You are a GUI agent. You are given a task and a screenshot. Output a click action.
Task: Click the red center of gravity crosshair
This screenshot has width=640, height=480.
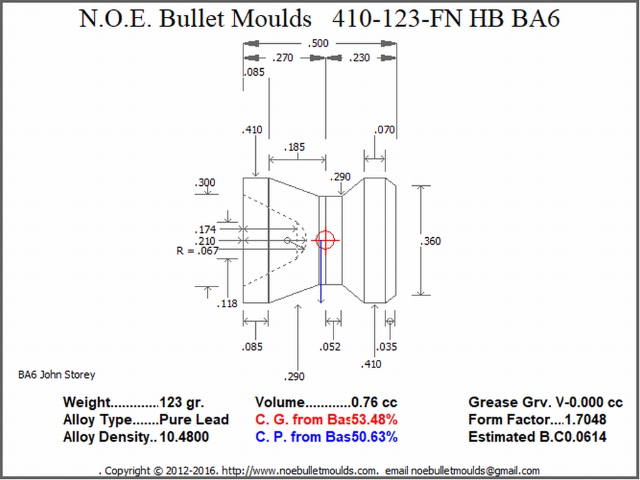[325, 240]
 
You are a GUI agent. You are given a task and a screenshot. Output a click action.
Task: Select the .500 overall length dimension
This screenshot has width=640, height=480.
[318, 43]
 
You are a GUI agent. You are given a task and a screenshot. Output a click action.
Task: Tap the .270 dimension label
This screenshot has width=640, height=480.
[282, 58]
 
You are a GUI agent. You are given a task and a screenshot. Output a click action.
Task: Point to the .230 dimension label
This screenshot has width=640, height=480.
[359, 58]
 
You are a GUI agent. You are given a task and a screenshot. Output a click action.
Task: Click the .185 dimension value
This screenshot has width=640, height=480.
[294, 147]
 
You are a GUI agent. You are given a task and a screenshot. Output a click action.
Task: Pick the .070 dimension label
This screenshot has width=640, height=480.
[385, 130]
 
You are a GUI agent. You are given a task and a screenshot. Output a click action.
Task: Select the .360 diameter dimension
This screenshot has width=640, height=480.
[430, 241]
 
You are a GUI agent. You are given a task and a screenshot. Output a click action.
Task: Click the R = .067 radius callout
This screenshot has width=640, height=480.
[198, 250]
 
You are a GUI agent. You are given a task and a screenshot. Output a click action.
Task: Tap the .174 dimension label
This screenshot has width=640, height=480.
[205, 230]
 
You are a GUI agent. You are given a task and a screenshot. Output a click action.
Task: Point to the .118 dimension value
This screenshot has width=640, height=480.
[227, 304]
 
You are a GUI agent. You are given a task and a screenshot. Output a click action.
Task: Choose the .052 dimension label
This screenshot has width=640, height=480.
[330, 347]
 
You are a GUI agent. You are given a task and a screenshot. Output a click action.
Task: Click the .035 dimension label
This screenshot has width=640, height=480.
[386, 347]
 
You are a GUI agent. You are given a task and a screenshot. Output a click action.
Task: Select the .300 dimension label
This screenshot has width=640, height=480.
[205, 183]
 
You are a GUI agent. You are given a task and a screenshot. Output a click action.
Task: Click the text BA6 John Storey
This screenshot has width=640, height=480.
[57, 375]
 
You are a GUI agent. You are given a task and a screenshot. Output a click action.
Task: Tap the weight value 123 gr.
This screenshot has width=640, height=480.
[181, 402]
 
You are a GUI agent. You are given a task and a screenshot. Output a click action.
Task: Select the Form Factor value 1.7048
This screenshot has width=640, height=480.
[586, 419]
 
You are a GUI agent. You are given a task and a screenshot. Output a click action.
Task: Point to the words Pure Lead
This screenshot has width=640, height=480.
[194, 419]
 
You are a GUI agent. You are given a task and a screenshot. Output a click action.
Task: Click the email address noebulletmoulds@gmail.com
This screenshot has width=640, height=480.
[475, 471]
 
